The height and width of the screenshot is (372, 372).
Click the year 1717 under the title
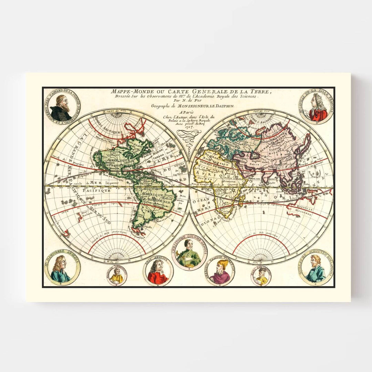point(189,127)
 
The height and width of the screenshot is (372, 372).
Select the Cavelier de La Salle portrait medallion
point(316,107)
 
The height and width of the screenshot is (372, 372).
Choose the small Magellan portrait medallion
point(117,276)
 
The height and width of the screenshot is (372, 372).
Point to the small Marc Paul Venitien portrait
point(261,276)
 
